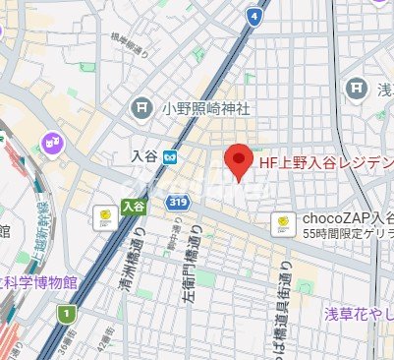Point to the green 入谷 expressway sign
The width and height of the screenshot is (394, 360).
[x=133, y=206]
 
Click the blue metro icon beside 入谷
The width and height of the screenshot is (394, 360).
[x=170, y=155]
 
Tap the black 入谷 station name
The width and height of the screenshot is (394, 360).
[x=143, y=155]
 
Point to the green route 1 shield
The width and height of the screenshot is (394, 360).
[x=66, y=313]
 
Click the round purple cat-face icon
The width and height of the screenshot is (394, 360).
[x=49, y=144]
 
